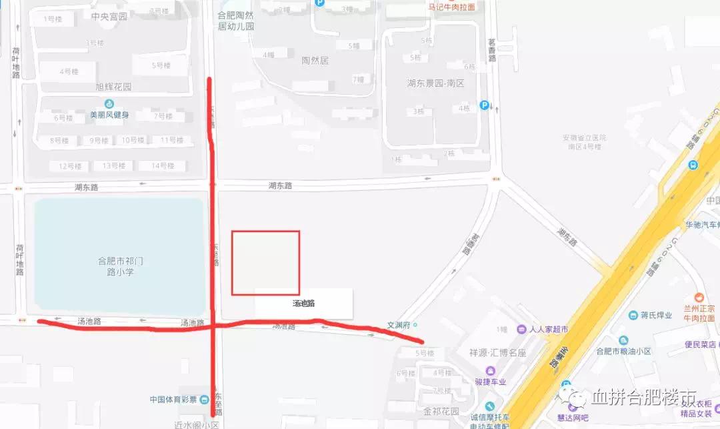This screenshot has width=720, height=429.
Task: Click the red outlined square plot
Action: (265, 262)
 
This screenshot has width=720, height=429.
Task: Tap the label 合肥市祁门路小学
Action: (120, 266)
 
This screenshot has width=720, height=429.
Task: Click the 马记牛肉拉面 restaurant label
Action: (451, 7)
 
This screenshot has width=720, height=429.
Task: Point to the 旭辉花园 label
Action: (113, 87)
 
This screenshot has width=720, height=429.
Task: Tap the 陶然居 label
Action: (315, 60)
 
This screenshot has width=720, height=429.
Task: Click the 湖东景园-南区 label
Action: (435, 83)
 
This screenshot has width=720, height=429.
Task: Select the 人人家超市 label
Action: (549, 329)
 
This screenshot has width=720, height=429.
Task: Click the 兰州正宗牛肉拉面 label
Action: (699, 312)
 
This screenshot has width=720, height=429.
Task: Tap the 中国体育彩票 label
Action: (173, 400)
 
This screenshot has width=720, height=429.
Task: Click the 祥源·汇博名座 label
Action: (497, 352)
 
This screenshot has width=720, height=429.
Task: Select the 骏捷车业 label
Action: (490, 382)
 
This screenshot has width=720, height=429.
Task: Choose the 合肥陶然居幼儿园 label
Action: (236, 21)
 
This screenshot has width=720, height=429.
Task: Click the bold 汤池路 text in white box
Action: (303, 304)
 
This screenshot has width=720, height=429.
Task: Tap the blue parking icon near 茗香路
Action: (485, 105)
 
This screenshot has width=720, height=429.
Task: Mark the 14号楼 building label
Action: (162, 165)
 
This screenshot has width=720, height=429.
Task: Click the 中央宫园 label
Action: (109, 16)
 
